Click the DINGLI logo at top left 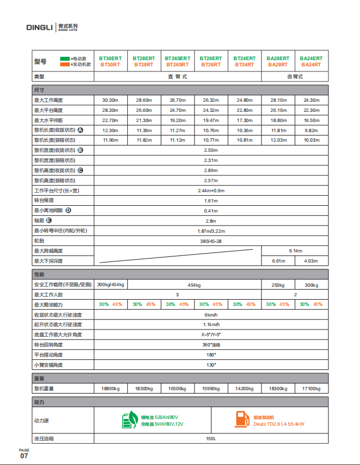(39, 26)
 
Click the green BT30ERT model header (110, 58)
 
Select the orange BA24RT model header (311, 65)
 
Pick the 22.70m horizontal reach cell (110, 120)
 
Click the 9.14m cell (295, 251)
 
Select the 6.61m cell (278, 261)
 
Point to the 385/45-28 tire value (210, 241)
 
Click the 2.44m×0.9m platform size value (210, 191)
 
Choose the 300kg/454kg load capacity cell (111, 285)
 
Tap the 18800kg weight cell (110, 389)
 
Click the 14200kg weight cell (244, 389)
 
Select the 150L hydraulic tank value (210, 439)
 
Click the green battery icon (129, 420)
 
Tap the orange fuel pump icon (242, 420)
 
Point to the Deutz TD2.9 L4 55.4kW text (279, 424)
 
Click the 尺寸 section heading (39, 89)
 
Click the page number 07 (24, 456)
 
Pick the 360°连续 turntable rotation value (210, 344)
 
